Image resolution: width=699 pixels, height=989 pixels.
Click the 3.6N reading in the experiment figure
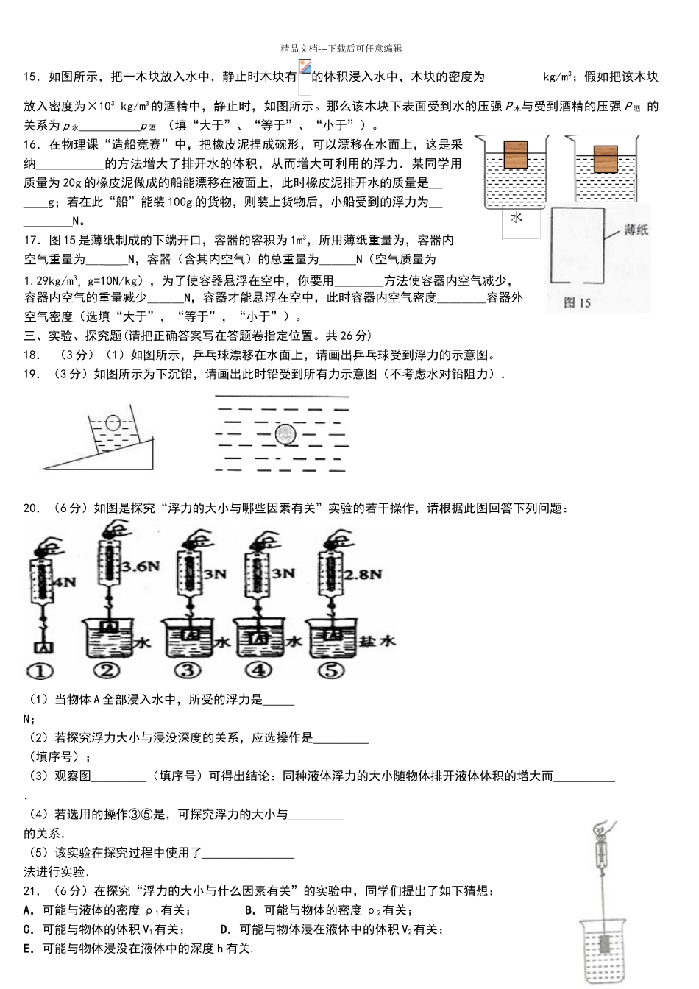click(x=141, y=567)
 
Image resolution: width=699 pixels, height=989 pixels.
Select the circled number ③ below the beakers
click(x=189, y=670)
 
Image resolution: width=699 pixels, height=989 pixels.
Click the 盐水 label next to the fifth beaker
click(x=377, y=641)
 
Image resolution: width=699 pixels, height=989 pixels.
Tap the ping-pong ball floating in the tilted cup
click(x=113, y=424)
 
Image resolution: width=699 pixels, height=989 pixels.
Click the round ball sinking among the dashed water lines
click(x=285, y=435)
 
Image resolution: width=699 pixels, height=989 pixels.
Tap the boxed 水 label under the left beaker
click(x=516, y=217)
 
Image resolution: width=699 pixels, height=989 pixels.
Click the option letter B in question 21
click(x=249, y=910)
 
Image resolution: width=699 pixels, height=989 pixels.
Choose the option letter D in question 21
click(x=226, y=929)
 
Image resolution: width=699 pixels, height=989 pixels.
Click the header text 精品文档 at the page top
click(x=299, y=48)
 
